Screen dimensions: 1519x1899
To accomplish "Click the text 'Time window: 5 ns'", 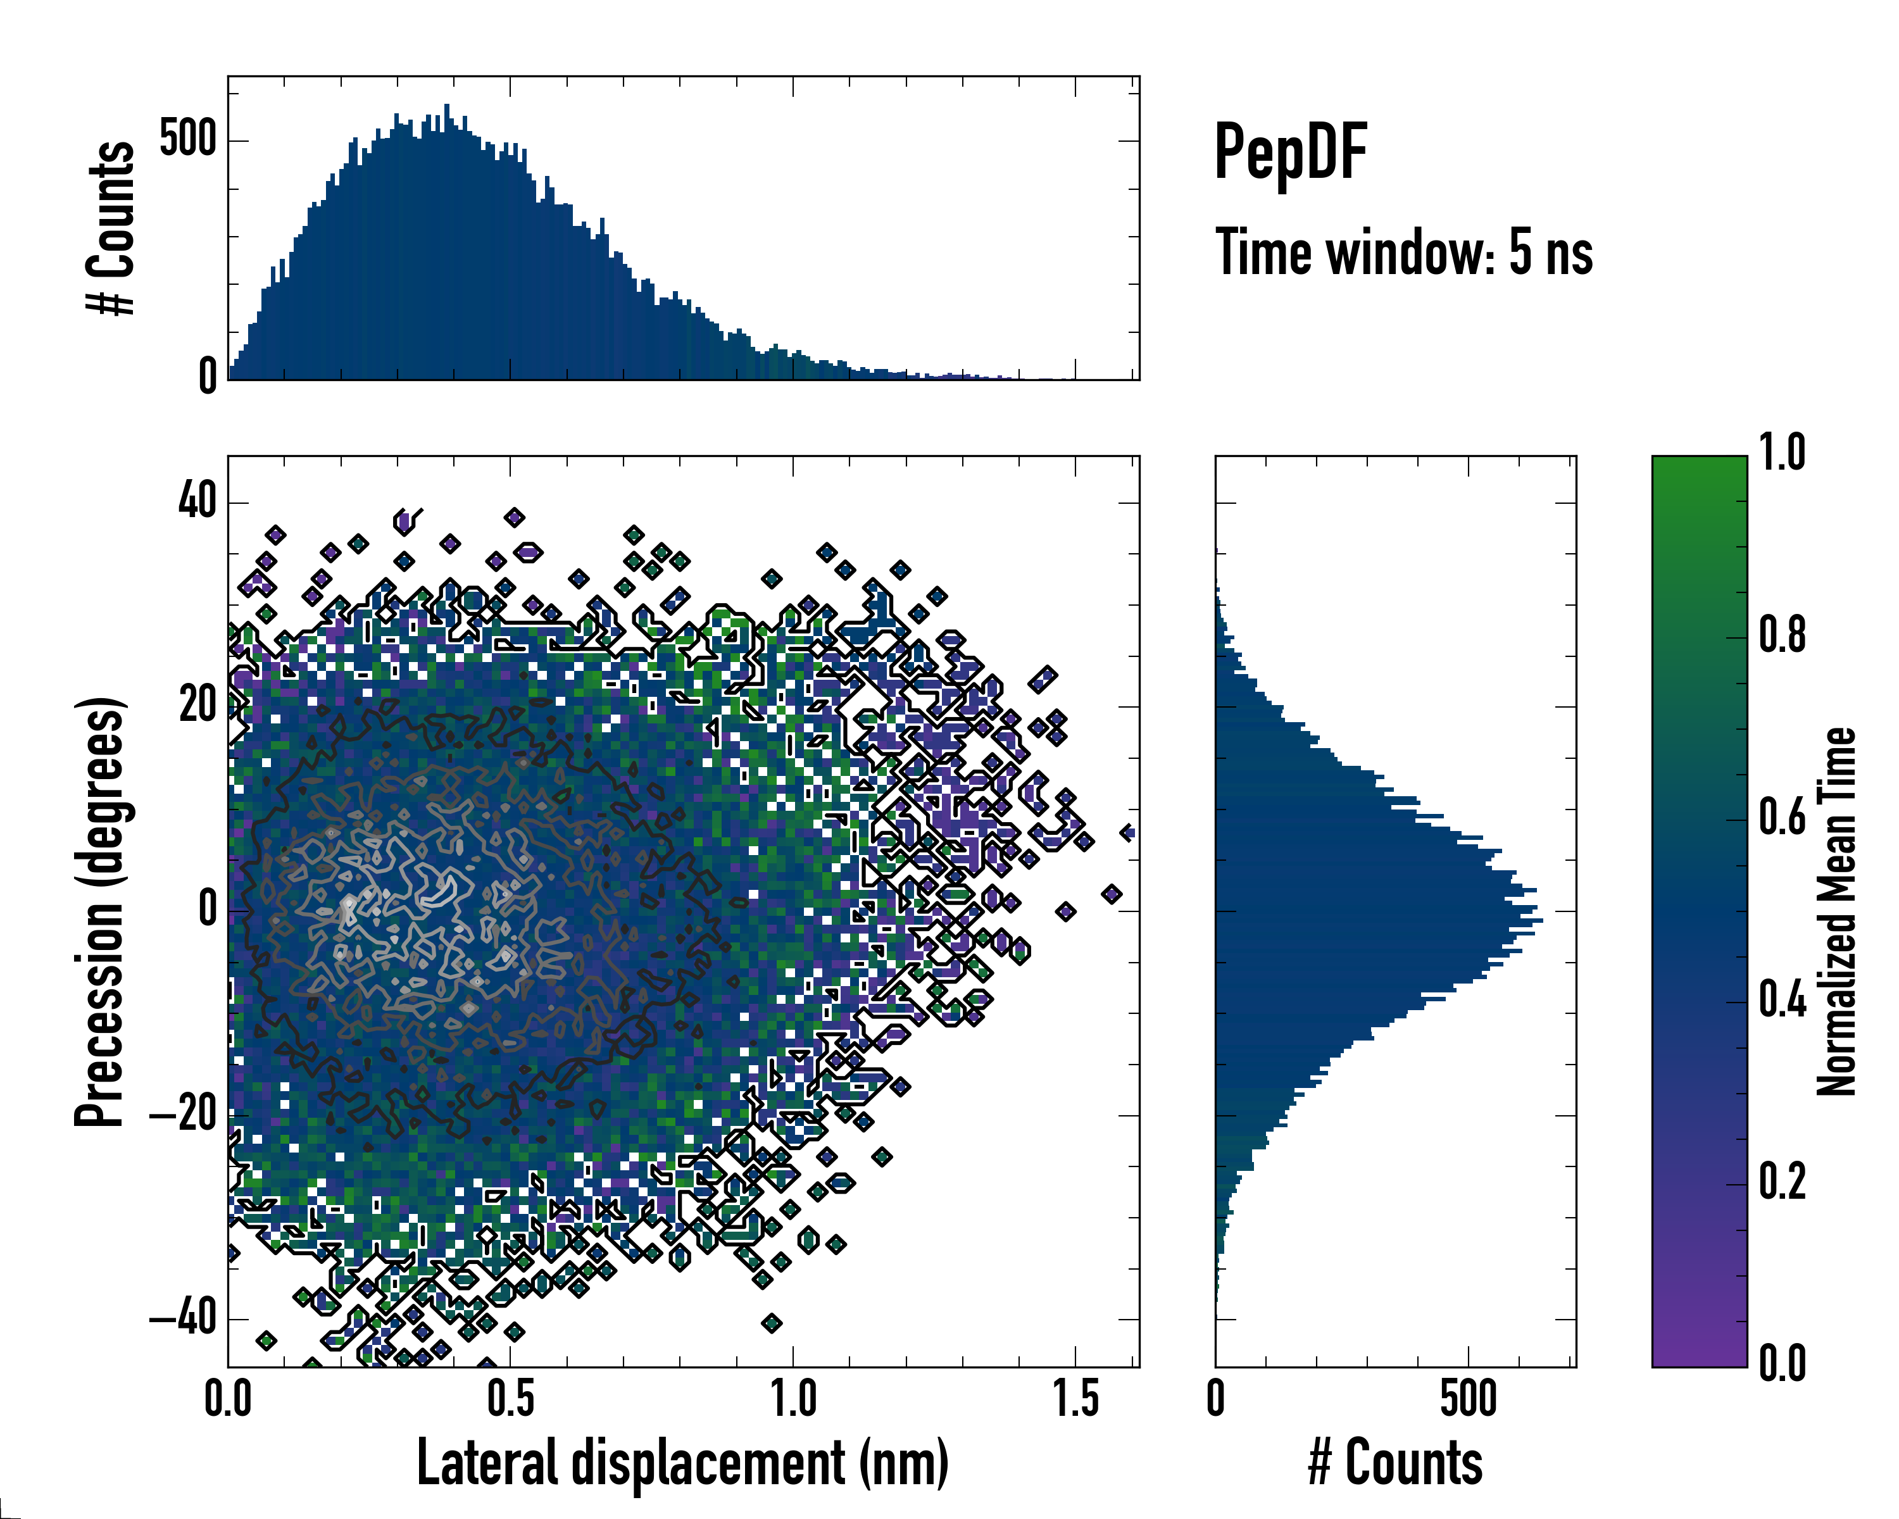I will pyautogui.click(x=1404, y=253).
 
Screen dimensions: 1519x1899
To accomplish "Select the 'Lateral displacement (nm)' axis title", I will pyautogui.click(x=682, y=1463).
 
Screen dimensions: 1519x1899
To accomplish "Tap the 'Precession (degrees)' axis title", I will pyautogui.click(x=99, y=911).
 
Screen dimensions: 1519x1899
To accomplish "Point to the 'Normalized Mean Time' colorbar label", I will pyautogui.click(x=1836, y=911).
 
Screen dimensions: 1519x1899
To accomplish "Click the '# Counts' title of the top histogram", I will pyautogui.click(x=111, y=227).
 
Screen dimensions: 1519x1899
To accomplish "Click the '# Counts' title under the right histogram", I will pyautogui.click(x=1395, y=1463).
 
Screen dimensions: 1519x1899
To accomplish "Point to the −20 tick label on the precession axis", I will pyautogui.click(x=182, y=1115).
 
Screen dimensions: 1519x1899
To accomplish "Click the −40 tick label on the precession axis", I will pyautogui.click(x=182, y=1319).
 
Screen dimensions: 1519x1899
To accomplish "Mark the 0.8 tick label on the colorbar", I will pyautogui.click(x=1782, y=636).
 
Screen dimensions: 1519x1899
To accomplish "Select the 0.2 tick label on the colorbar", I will pyautogui.click(x=1782, y=1182).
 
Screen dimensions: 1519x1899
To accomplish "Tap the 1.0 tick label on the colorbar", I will pyautogui.click(x=1782, y=454).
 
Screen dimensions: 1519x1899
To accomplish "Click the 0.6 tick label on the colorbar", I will pyautogui.click(x=1782, y=818).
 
